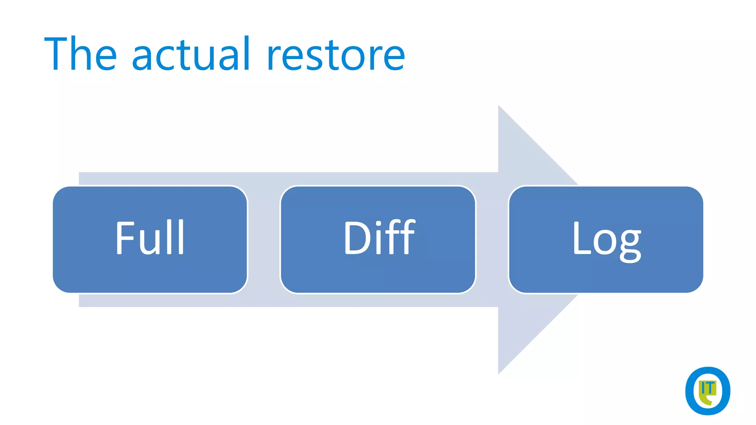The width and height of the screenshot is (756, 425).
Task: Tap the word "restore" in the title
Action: (x=336, y=55)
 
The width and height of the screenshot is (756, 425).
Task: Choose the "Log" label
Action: (x=606, y=240)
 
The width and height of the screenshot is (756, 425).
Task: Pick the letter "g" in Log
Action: (x=630, y=245)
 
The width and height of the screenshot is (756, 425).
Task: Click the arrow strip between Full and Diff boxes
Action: (x=264, y=240)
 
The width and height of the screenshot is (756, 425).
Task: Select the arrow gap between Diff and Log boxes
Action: (x=492, y=240)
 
